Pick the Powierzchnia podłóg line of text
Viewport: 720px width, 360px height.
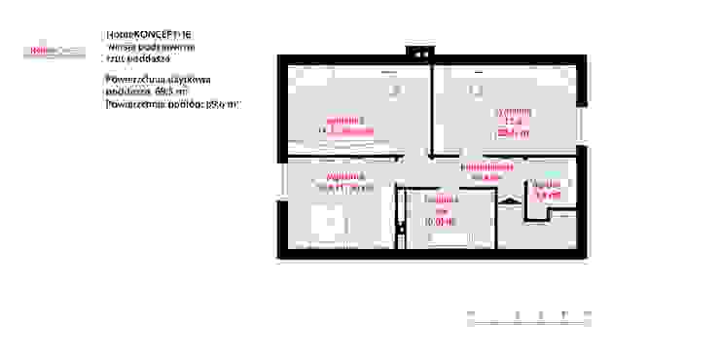[170, 102]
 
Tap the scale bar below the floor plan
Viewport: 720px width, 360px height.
[530, 313]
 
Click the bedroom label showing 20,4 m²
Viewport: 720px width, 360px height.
[513, 124]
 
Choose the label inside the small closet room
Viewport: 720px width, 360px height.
[549, 190]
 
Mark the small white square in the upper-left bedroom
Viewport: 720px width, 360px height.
[394, 91]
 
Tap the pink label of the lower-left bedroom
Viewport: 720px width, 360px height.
[342, 181]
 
